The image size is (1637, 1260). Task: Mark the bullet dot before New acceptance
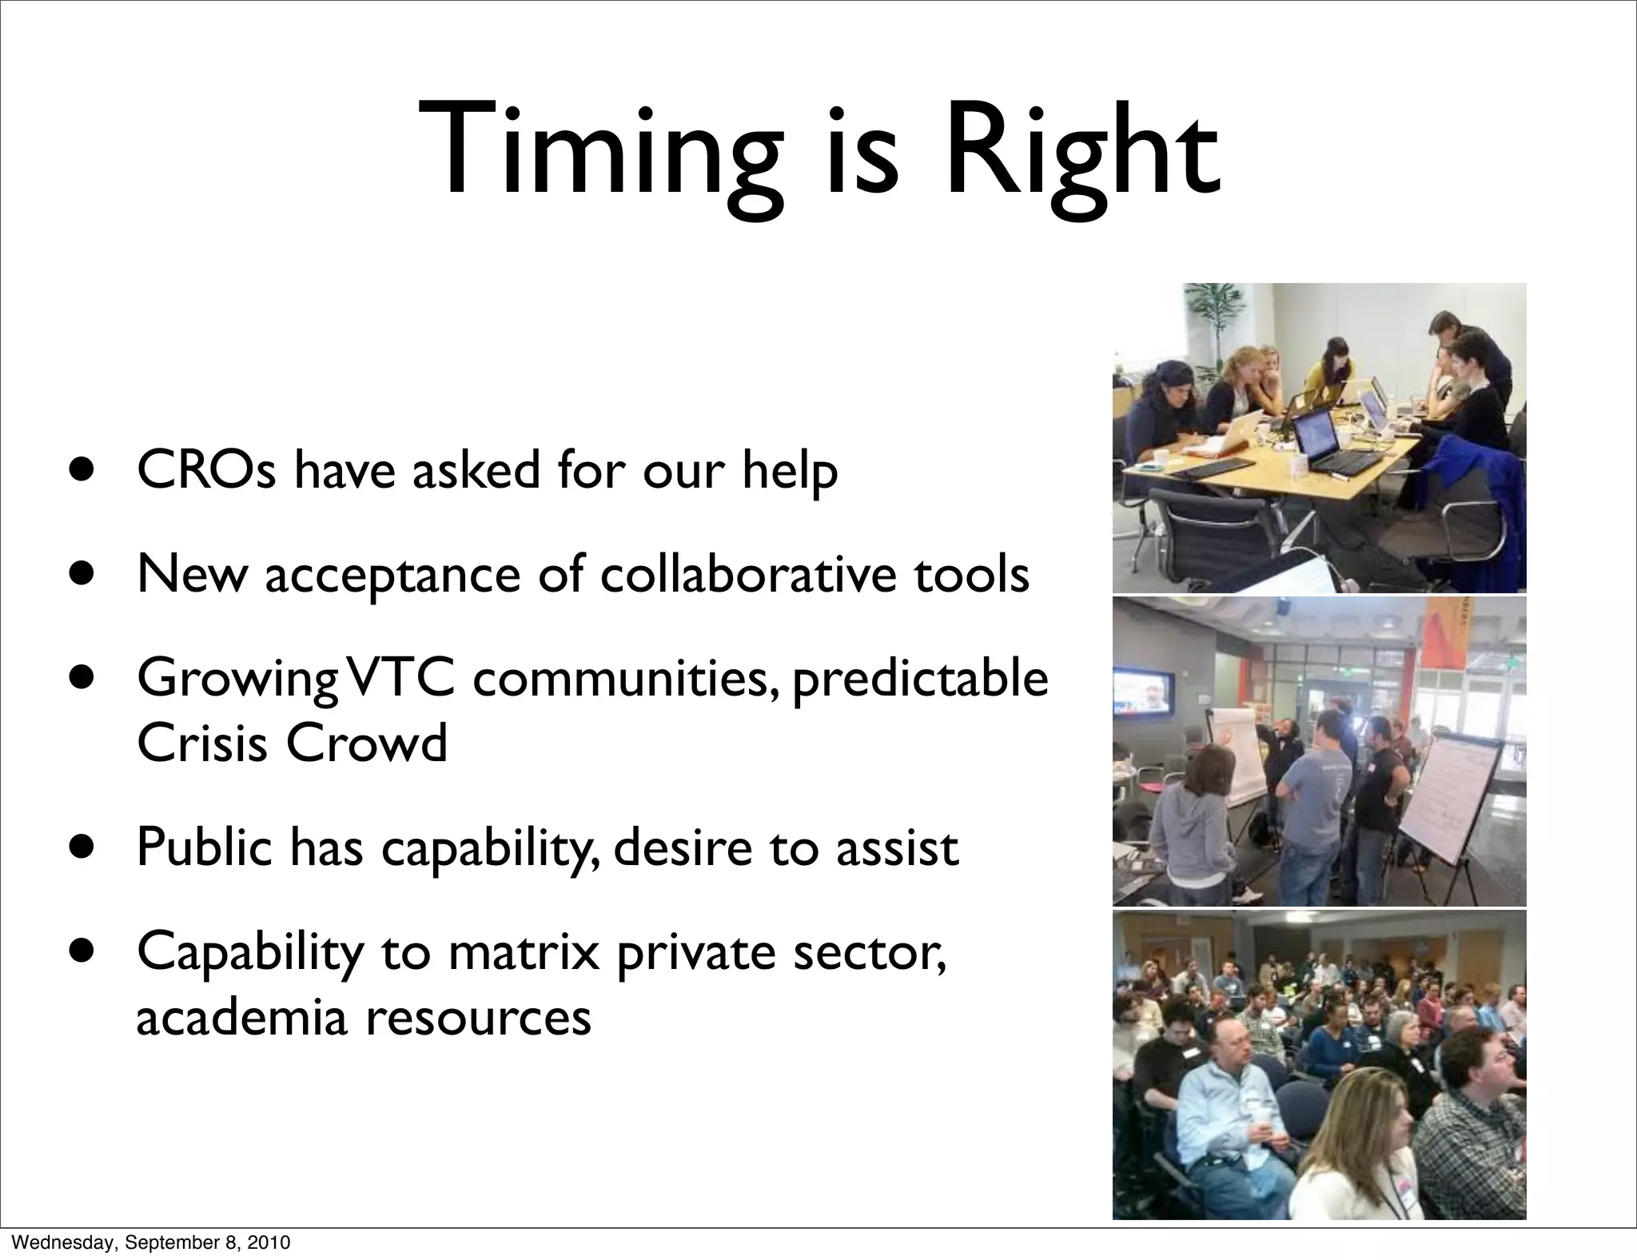81,574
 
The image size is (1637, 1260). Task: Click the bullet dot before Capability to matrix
81,951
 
